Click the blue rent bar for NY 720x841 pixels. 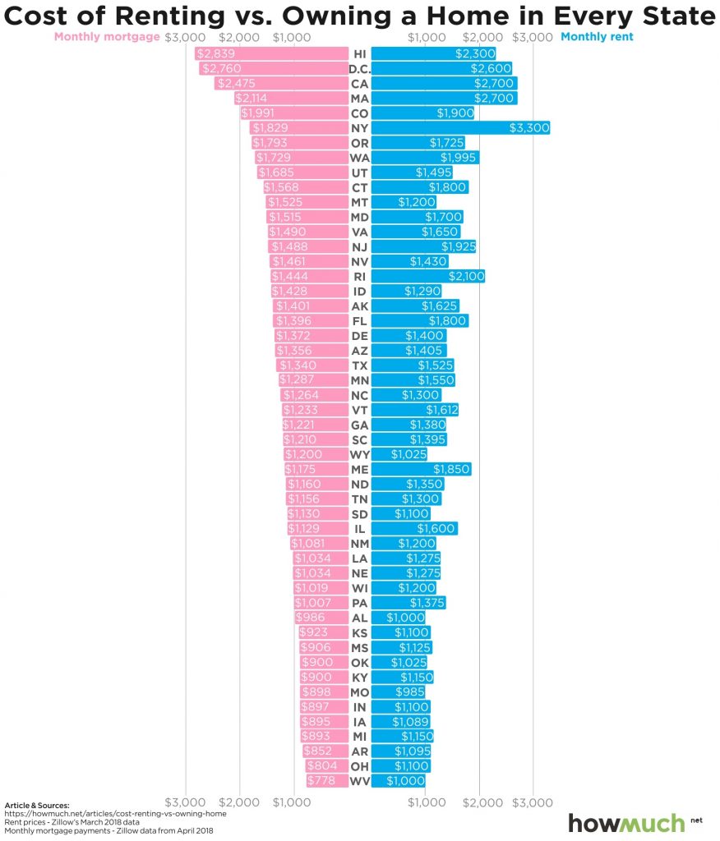tap(460, 128)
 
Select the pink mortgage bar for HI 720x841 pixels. tap(271, 53)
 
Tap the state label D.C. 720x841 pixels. tap(359, 69)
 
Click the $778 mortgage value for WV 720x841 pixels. tap(321, 780)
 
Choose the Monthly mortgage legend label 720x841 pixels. tap(107, 36)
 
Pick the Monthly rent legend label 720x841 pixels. tap(598, 36)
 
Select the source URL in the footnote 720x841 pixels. tap(115, 814)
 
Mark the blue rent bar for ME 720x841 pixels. tap(421, 469)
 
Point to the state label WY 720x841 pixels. tap(359, 454)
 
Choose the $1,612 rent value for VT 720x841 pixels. tap(441, 410)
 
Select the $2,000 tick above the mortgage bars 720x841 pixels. tap(238, 37)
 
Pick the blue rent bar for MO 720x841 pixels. tap(399, 692)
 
